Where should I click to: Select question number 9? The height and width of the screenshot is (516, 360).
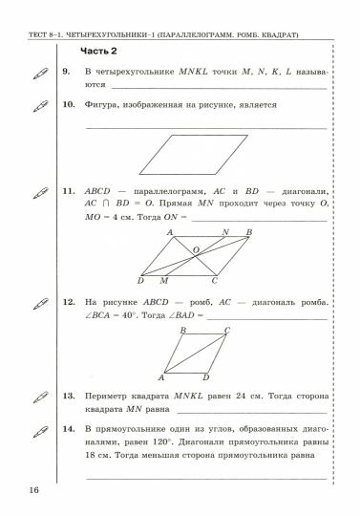click(x=66, y=72)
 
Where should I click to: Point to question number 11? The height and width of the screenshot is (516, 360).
click(x=68, y=191)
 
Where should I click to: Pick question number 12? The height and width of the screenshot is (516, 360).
click(x=68, y=303)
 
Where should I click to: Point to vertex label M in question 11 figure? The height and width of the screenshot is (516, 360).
click(x=163, y=281)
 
